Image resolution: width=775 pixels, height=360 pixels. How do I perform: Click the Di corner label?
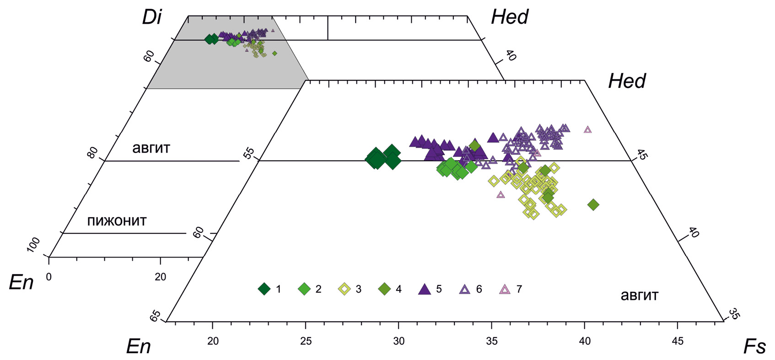[x=151, y=18]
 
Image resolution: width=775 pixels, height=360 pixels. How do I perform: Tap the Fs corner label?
[x=754, y=347]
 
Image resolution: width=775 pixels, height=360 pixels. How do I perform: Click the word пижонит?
[x=117, y=221]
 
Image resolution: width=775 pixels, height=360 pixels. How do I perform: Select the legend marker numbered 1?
[x=264, y=289]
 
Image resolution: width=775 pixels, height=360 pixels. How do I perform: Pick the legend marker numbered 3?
[x=344, y=289]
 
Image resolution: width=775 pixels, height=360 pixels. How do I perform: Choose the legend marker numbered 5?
[x=425, y=289]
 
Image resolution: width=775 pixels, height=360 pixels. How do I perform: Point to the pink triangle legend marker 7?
[x=505, y=289]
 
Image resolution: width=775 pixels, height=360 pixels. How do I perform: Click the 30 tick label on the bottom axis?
[x=398, y=341]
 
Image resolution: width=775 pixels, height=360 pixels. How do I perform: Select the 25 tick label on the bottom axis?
[x=306, y=341]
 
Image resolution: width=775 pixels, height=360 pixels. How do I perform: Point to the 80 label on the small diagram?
[x=92, y=152]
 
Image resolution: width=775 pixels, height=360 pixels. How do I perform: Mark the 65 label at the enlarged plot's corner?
[x=156, y=315]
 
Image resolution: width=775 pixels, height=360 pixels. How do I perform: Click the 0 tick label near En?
[x=49, y=277]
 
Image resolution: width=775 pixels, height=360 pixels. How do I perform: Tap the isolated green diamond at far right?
[x=593, y=204]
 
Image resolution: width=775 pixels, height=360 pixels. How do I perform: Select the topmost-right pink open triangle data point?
[x=588, y=129]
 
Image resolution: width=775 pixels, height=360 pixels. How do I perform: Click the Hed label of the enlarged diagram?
[x=627, y=81]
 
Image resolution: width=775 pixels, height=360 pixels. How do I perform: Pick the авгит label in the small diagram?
[x=151, y=148]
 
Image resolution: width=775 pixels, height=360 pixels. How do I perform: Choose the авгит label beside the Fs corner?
[x=639, y=296]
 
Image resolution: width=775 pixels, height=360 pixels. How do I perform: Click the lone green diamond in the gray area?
[x=274, y=54]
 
